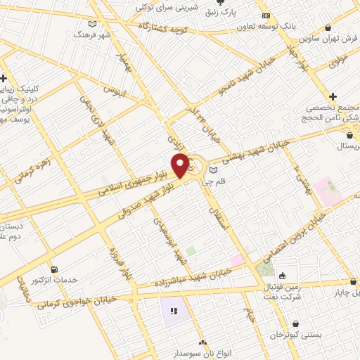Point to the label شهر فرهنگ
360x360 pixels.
point(96,34)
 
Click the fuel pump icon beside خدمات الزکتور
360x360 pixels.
point(55,269)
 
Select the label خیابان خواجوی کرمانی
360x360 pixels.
point(77,304)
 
